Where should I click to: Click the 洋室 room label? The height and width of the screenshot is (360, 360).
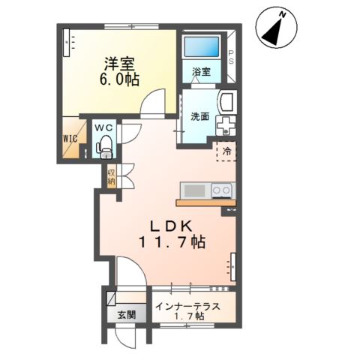tap(119, 64)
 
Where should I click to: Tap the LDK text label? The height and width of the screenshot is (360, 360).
tap(172, 226)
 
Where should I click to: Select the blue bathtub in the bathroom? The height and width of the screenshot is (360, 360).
tap(202, 46)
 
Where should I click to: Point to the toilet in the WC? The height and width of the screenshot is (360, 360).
tap(106, 147)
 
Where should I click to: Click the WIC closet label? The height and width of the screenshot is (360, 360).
tap(70, 139)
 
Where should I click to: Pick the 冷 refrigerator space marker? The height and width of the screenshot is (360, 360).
tap(226, 151)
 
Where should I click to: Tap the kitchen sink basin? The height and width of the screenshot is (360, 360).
tap(195, 191)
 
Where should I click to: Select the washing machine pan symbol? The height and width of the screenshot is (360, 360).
tap(226, 126)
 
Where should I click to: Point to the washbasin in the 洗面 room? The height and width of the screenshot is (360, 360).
tap(227, 103)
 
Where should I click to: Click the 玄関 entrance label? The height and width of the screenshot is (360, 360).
tap(127, 315)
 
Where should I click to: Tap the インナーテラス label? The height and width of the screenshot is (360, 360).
tap(187, 306)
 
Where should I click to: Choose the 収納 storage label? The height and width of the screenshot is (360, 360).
tap(111, 177)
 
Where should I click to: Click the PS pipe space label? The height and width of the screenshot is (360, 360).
tap(231, 57)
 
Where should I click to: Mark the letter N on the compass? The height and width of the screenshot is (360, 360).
tap(283, 15)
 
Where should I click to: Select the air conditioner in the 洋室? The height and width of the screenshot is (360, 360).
tap(66, 43)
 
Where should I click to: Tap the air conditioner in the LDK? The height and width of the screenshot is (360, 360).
tap(233, 267)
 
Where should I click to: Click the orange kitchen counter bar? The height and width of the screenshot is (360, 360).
tap(206, 202)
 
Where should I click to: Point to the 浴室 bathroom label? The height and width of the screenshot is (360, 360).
tap(201, 72)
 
